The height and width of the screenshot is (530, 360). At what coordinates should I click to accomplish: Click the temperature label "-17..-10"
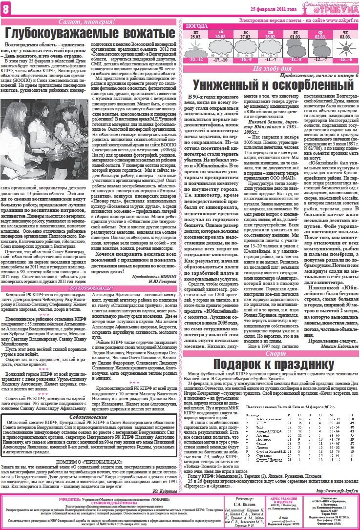pyautogui.click(x=221, y=59)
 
